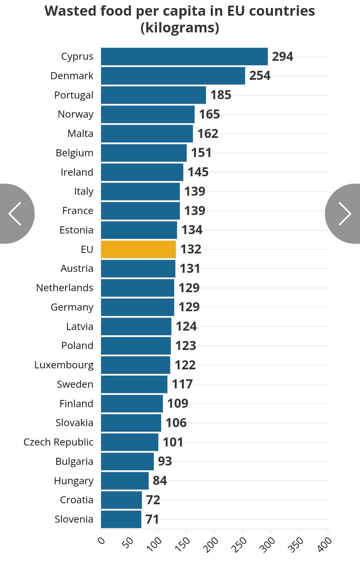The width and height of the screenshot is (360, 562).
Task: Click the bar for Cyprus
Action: tap(184, 56)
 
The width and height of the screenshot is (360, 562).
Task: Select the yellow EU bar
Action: tap(138, 249)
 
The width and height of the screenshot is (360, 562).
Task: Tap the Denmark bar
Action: tap(173, 76)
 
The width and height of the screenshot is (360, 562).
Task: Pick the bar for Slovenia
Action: tap(121, 519)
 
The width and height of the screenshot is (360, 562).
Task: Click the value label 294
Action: tap(283, 56)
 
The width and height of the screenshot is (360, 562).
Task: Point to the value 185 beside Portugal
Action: tap(221, 95)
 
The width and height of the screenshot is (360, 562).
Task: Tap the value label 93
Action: tap(165, 461)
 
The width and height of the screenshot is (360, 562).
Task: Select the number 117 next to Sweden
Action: tap(182, 384)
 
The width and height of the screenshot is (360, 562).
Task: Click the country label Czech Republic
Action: tap(58, 442)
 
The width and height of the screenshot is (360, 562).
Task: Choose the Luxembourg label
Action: tap(64, 365)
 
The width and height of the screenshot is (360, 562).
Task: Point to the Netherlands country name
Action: tap(65, 288)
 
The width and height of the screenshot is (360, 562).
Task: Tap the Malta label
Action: tap(80, 134)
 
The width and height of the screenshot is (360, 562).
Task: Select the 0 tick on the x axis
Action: tap(101, 540)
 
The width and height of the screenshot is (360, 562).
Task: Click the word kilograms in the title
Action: tap(180, 28)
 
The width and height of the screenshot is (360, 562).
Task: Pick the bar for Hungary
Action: tap(125, 481)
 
